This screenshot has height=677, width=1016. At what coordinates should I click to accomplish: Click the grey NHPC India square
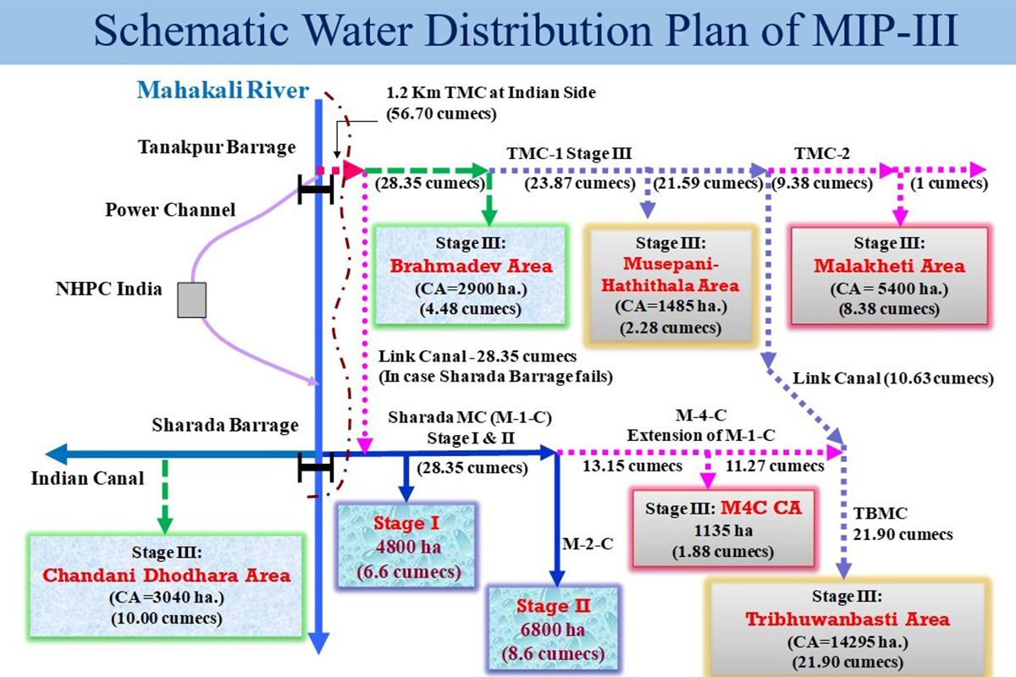(193, 300)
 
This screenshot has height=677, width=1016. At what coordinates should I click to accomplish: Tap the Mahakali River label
(224, 90)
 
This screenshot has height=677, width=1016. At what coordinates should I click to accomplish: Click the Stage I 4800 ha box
(408, 548)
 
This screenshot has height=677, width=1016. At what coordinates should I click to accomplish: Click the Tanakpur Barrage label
(217, 147)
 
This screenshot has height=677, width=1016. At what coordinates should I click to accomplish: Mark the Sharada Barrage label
(225, 425)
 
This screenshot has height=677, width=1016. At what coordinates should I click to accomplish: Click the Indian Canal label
(87, 478)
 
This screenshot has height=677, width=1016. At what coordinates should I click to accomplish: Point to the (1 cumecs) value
(947, 183)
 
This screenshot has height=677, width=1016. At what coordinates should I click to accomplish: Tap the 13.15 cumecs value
(632, 465)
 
